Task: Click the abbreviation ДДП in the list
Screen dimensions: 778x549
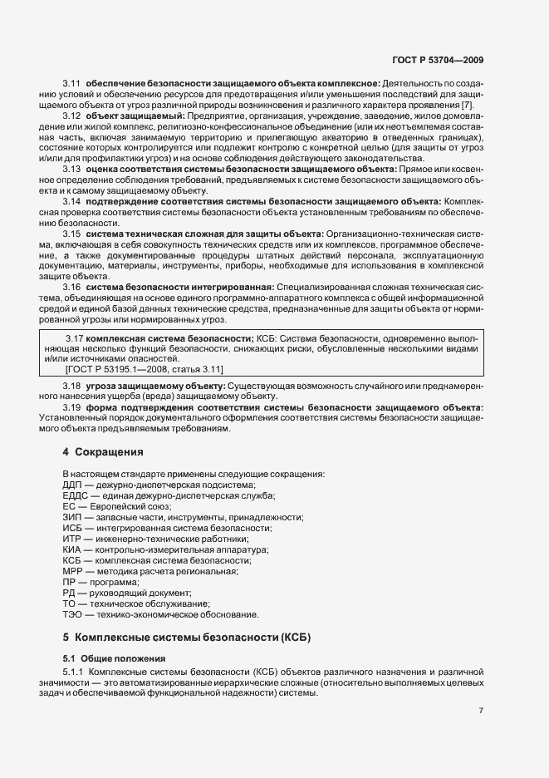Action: (74, 485)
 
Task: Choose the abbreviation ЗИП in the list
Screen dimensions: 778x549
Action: (73, 517)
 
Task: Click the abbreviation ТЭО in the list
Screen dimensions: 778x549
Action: (73, 614)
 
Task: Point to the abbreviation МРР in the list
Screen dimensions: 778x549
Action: (73, 571)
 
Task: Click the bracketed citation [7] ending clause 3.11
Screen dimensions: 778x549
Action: (468, 106)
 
